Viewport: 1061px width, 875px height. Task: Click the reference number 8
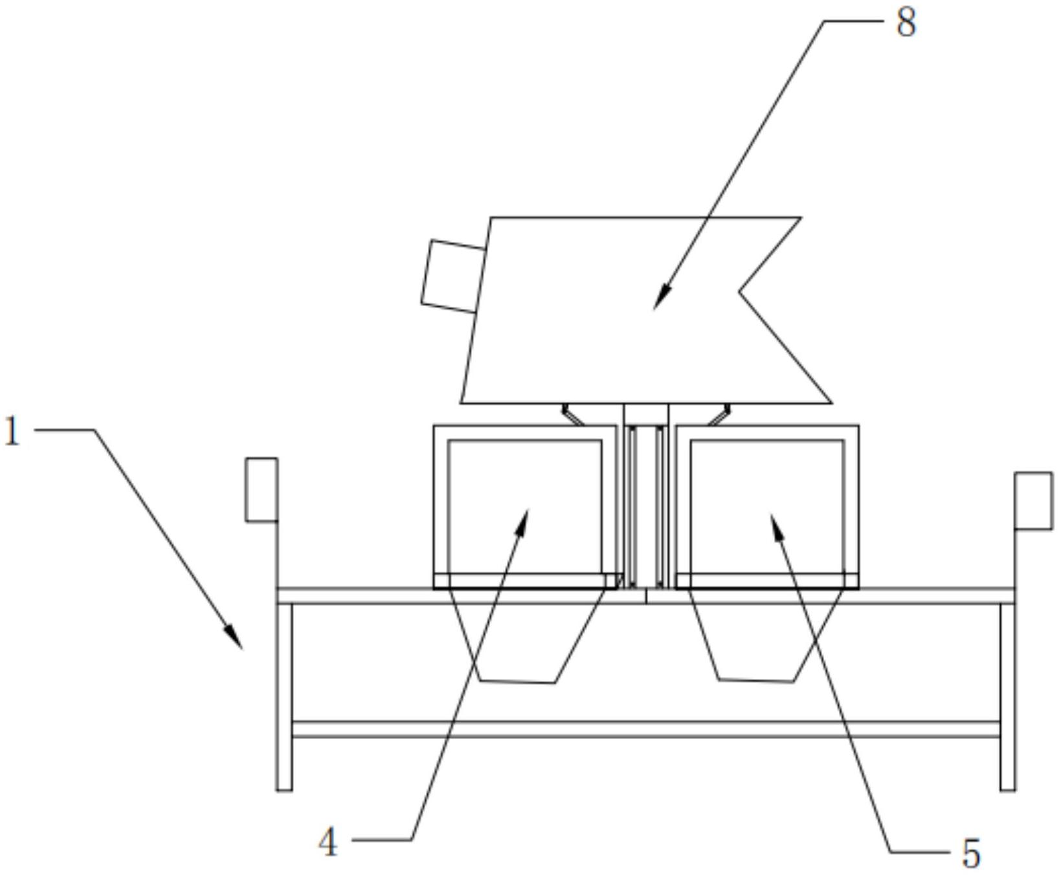[906, 24]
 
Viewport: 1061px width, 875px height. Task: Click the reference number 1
[12, 432]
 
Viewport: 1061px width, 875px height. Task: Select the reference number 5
[971, 854]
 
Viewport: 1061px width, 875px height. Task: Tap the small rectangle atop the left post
[262, 489]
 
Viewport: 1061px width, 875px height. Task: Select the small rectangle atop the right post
[1033, 501]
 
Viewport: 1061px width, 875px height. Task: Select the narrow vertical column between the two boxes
[646, 505]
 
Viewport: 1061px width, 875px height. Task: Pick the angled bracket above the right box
[719, 414]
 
